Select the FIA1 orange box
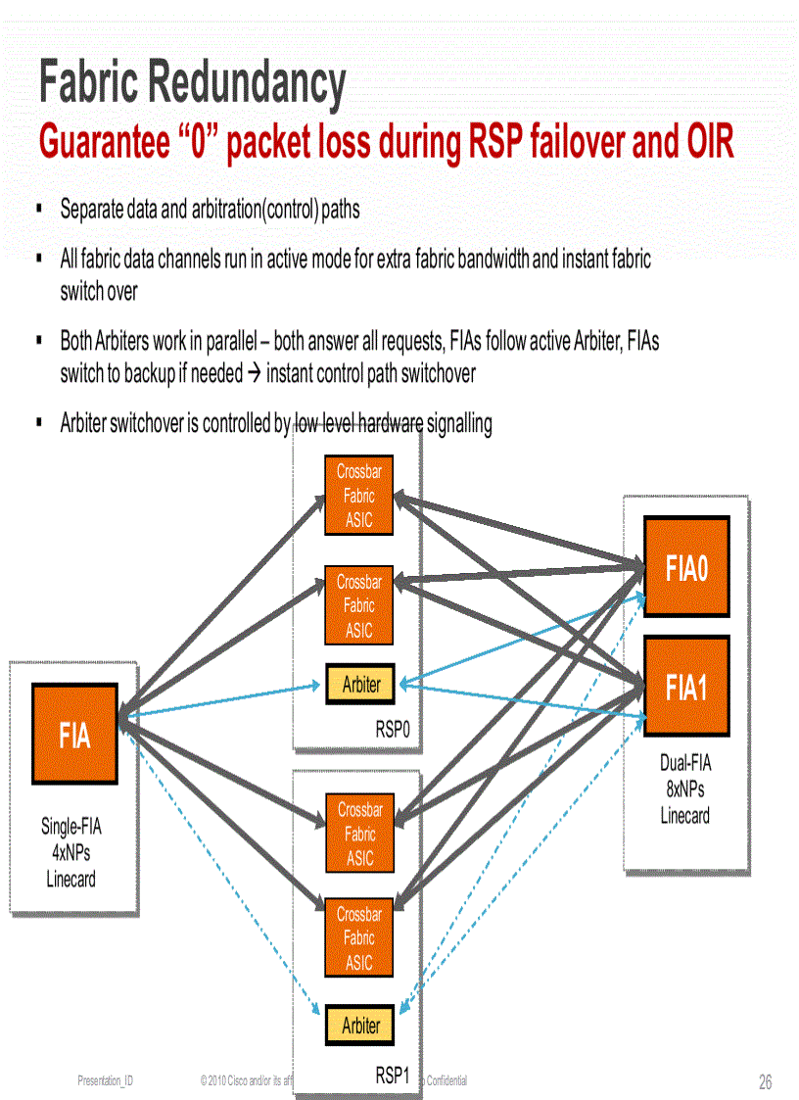pos(686,686)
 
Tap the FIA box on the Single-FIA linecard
pos(74,733)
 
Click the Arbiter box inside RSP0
pos(359,685)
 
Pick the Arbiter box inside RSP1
pos(359,1025)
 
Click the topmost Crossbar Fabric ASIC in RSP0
pos(358,496)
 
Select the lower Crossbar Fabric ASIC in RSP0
pos(358,606)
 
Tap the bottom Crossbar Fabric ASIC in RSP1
pos(358,937)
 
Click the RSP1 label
pos(397,1076)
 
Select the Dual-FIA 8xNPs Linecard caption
pos(684,789)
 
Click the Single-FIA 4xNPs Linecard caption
pos(70,852)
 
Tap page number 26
pos(765,1082)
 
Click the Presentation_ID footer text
pos(106,1080)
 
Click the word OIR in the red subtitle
pos(703,143)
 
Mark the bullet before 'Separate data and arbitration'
pos(38,209)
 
